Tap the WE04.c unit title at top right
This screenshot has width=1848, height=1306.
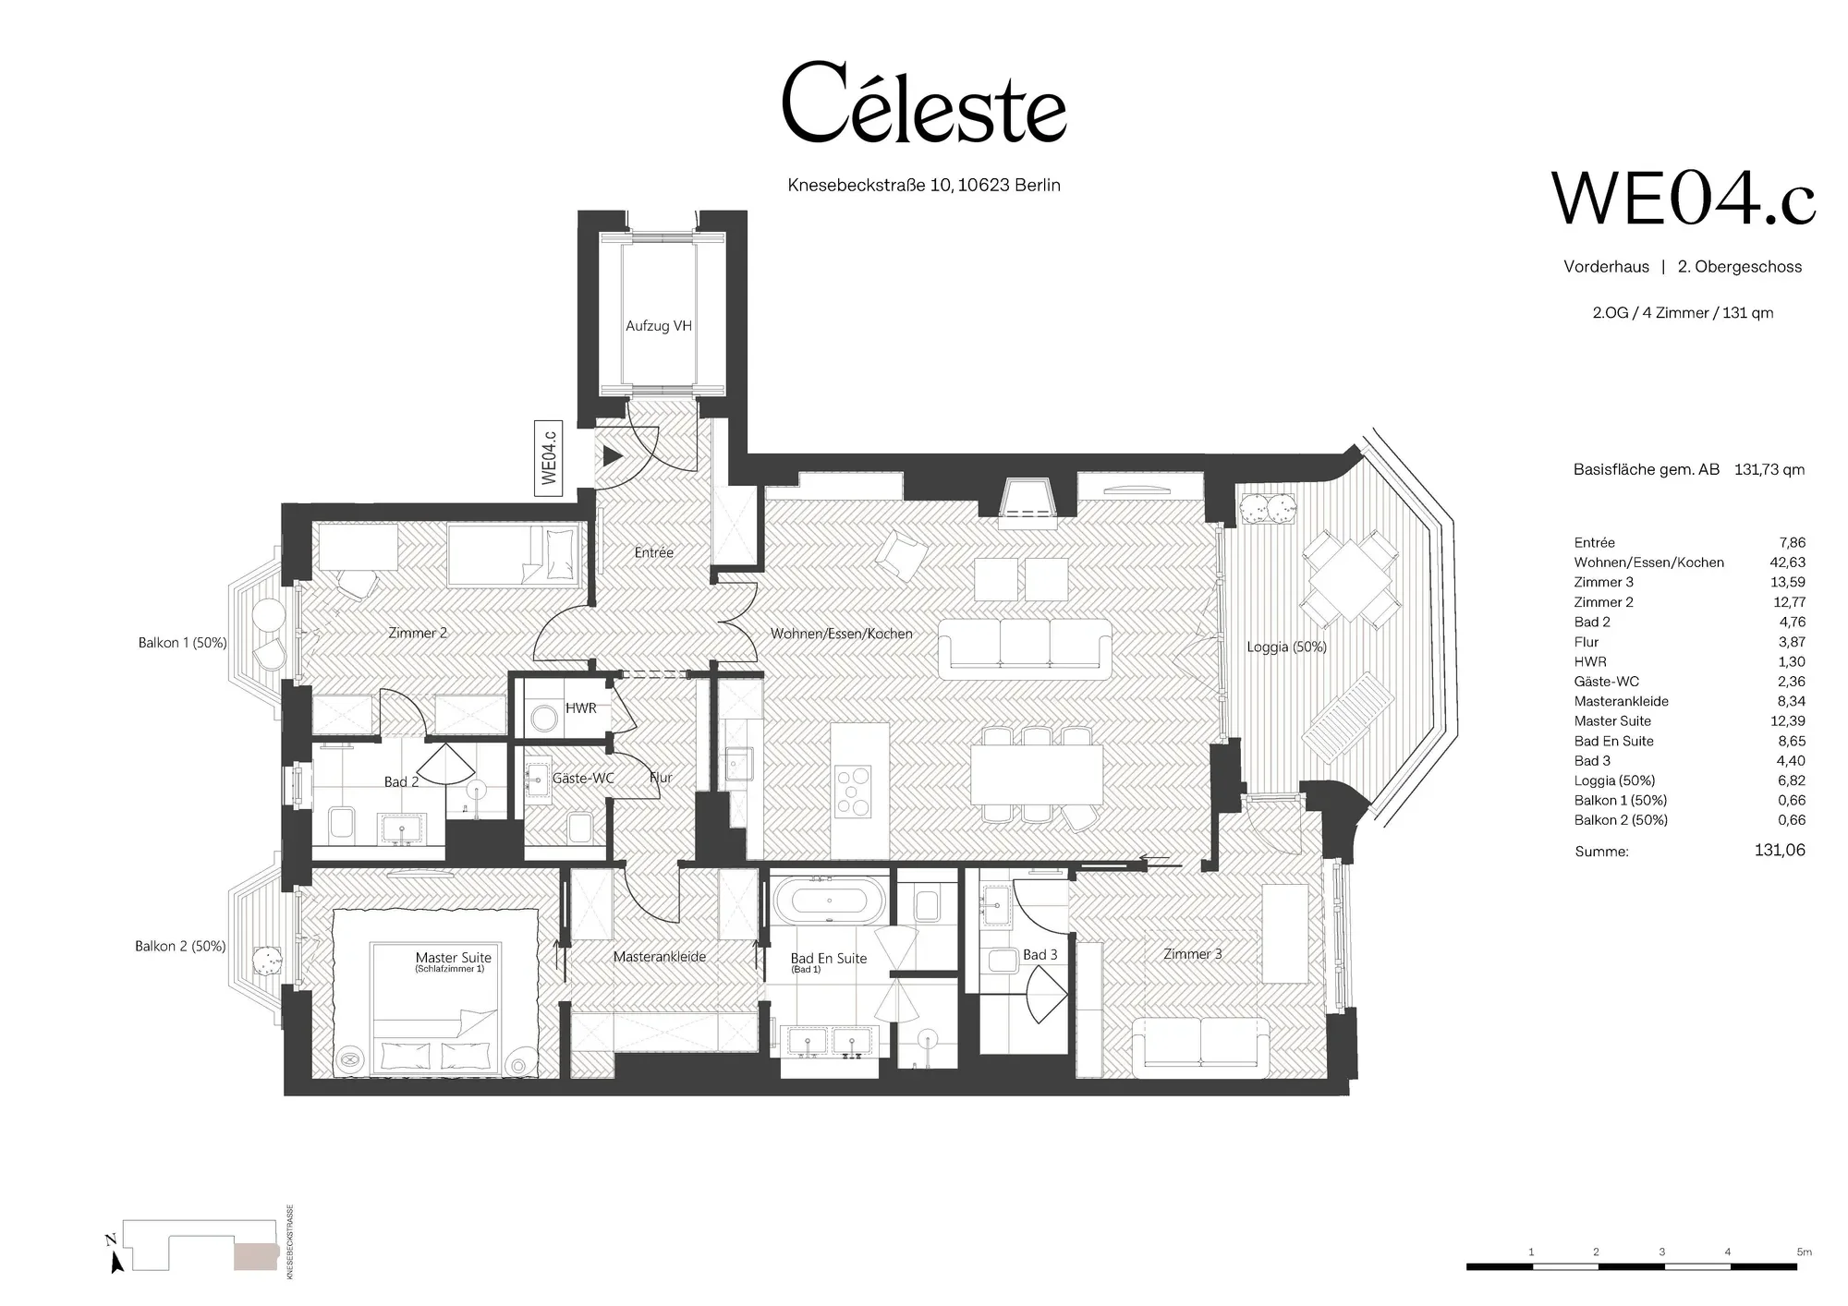point(1684,199)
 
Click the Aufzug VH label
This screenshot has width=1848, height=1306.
point(659,326)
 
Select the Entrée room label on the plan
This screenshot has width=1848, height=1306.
point(654,552)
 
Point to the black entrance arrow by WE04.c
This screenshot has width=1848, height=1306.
point(613,455)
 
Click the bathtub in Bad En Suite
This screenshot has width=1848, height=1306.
point(829,901)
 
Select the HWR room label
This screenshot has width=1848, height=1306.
point(581,708)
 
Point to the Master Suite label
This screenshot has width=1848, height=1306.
point(454,958)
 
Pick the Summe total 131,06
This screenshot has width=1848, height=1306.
point(1780,850)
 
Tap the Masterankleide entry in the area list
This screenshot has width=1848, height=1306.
point(1622,701)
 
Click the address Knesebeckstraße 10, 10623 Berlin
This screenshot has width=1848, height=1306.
point(924,186)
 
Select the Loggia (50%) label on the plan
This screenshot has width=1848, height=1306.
point(1286,647)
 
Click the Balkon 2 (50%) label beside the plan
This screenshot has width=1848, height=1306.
point(180,946)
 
